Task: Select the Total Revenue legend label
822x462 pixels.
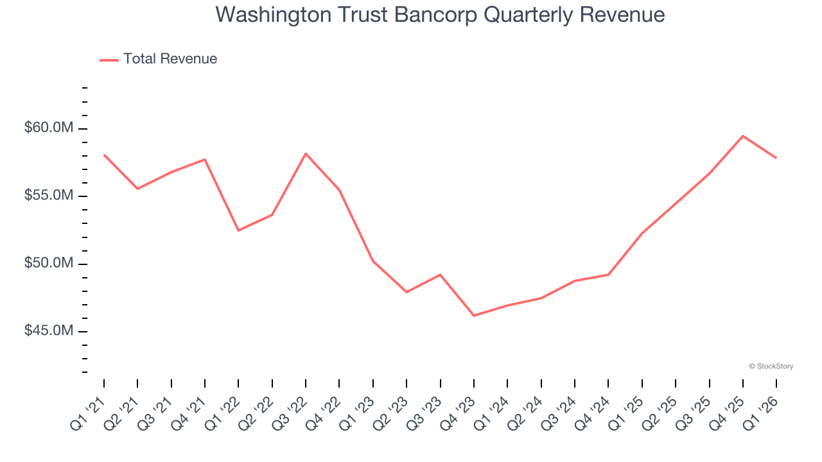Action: (170, 59)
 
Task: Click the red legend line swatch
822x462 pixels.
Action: (109, 60)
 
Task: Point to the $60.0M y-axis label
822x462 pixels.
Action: (49, 128)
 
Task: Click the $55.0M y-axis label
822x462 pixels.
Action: (49, 196)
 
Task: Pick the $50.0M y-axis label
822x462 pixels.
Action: (49, 263)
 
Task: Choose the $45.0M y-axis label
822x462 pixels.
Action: (49, 331)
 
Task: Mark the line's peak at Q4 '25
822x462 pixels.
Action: (743, 136)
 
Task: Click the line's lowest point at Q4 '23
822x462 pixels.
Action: (474, 316)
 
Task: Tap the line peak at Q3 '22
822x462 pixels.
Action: (306, 153)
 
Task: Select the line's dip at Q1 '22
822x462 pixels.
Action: (238, 230)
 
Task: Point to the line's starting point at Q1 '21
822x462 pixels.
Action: (104, 155)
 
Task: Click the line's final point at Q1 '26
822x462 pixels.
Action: (776, 158)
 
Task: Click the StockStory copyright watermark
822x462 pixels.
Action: (771, 366)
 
